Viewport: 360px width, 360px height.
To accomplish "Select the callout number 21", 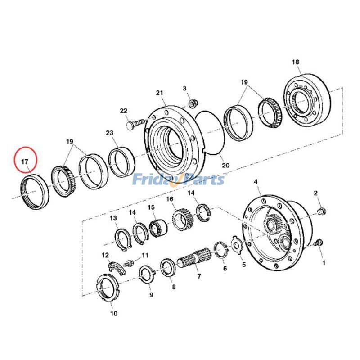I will [x=159, y=93].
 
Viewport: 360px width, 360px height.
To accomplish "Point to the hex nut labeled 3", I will [x=191, y=103].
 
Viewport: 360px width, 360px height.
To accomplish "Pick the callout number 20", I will [x=225, y=165].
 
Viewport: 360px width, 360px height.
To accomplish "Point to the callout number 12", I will [x=105, y=256].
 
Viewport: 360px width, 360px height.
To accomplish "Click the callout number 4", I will [x=256, y=182].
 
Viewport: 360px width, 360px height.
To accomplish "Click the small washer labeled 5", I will [x=234, y=243].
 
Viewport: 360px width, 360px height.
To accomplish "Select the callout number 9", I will [x=151, y=295].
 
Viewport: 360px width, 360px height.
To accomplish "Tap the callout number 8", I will [x=174, y=286].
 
